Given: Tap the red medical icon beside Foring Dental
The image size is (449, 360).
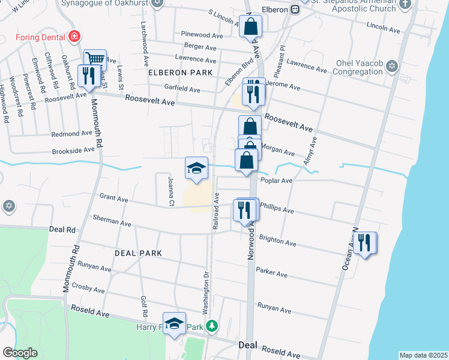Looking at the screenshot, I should point(74,37).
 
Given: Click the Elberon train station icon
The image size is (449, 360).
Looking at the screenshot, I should point(295,9).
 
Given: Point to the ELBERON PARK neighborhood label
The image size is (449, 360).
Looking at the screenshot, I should point(180,73).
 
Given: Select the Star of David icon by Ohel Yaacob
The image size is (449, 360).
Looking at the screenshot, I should point(393,65).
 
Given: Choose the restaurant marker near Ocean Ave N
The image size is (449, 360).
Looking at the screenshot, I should point(364,242).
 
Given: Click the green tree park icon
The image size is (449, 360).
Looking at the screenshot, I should point(211,327).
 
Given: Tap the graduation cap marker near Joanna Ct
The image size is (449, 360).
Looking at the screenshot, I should point(196,168).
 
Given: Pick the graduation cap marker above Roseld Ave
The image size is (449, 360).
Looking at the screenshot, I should point(174,323).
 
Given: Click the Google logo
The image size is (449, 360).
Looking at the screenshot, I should point(20,353).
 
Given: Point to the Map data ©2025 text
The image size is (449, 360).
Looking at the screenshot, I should point(423,355).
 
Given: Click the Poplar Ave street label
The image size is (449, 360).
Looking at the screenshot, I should point(276,181).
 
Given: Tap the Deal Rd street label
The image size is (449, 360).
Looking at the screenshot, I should point(62,229).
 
